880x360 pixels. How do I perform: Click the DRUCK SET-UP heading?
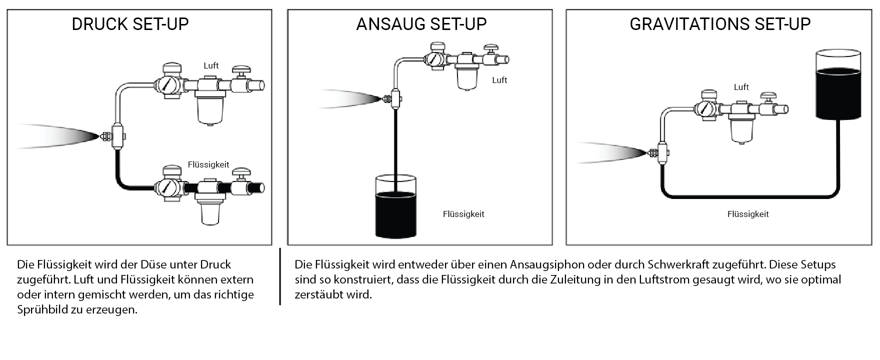click(x=130, y=24)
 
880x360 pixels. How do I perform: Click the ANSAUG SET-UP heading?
click(x=421, y=24)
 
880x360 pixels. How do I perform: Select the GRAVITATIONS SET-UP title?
click(x=720, y=24)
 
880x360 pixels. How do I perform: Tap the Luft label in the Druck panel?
click(x=211, y=65)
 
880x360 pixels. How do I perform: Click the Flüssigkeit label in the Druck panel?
click(x=208, y=164)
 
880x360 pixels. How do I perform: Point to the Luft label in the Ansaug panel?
click(x=499, y=80)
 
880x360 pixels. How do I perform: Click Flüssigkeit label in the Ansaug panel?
click(x=463, y=214)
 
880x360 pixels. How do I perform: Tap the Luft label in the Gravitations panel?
click(x=741, y=87)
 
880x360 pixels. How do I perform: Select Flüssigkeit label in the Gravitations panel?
click(x=748, y=214)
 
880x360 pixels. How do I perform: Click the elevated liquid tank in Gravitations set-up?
click(x=839, y=84)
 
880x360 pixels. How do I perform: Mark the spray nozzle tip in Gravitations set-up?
click(x=646, y=152)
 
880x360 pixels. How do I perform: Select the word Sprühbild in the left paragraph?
click(x=42, y=309)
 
